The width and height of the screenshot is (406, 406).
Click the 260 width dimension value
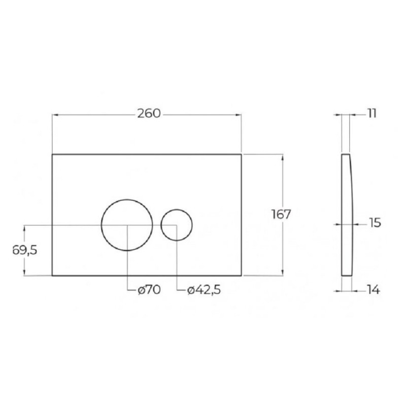pos(149,114)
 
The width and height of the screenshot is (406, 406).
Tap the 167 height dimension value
pos(281,214)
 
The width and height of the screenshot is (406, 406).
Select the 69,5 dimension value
pos(25,250)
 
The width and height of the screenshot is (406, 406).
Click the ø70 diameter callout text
pos(149,290)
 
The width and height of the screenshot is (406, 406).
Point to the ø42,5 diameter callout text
pos(204,290)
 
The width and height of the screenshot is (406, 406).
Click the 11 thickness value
pos(372,114)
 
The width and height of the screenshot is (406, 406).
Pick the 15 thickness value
pos(374,223)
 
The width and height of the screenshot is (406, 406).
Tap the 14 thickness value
pos(374,290)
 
